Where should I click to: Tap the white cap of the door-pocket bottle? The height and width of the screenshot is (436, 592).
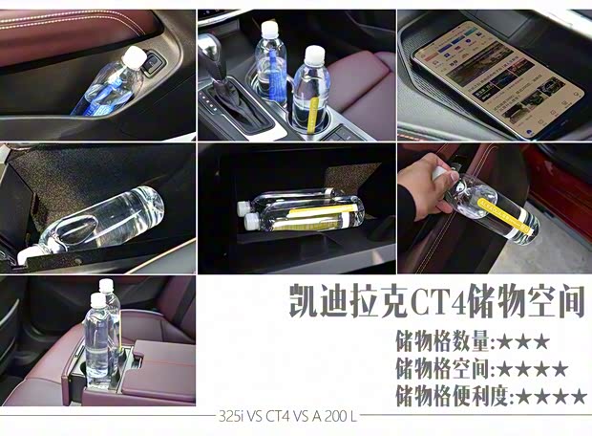(x=134, y=60)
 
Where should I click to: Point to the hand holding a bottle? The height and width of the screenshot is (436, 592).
(x=427, y=185)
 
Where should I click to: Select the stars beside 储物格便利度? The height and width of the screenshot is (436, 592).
(x=552, y=395)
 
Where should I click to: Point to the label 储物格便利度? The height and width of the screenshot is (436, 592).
(x=454, y=395)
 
